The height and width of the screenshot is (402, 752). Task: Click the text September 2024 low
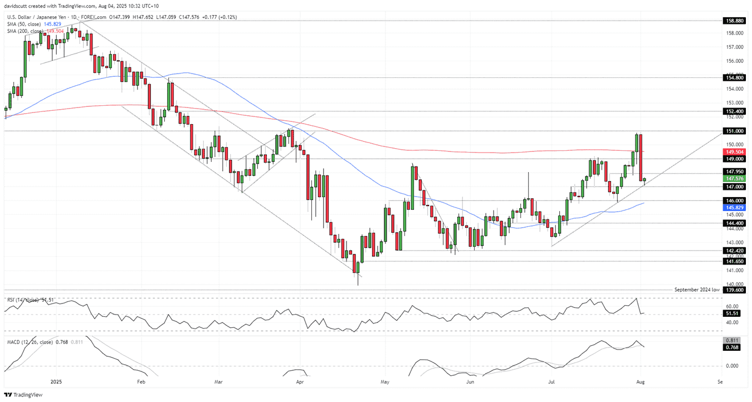point(697,290)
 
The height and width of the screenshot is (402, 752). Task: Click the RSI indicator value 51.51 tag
point(732,313)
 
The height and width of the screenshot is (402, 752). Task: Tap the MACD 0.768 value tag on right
point(732,347)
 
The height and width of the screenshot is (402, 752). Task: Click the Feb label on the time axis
point(140,381)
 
